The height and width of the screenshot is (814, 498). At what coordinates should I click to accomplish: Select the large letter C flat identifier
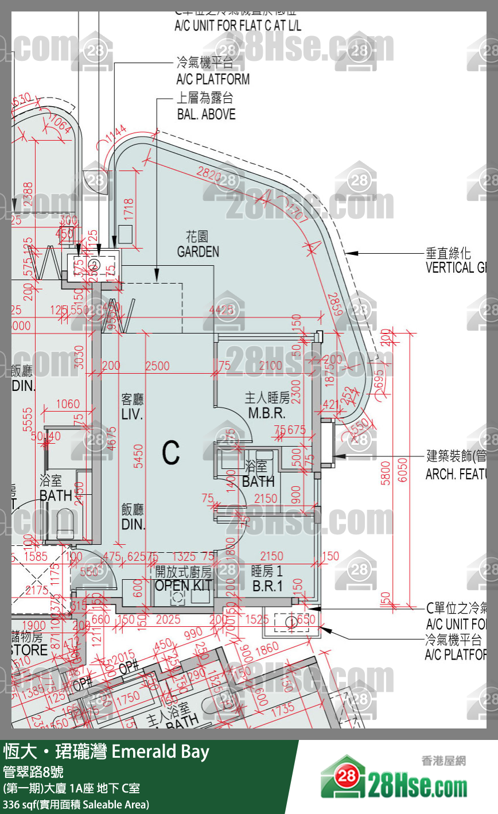click(171, 453)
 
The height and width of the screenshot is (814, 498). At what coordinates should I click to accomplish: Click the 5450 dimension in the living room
click(138, 456)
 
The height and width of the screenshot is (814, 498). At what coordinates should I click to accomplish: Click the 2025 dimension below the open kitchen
click(168, 619)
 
